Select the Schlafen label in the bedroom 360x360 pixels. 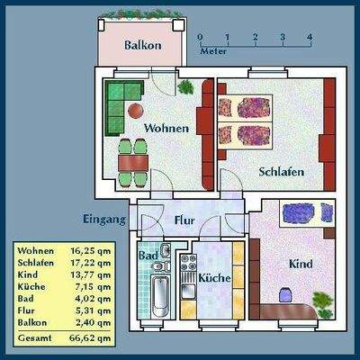click(x=281, y=171)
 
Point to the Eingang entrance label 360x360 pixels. click(x=104, y=219)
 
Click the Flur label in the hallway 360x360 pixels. click(x=184, y=219)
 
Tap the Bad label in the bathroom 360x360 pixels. click(x=149, y=256)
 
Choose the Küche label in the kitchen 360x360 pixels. click(x=215, y=278)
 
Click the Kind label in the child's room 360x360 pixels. click(x=301, y=265)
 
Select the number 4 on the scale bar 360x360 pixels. click(x=310, y=38)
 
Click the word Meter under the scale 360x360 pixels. click(x=213, y=51)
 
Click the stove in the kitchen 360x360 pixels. click(x=189, y=264)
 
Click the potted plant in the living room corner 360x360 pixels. click(x=185, y=87)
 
